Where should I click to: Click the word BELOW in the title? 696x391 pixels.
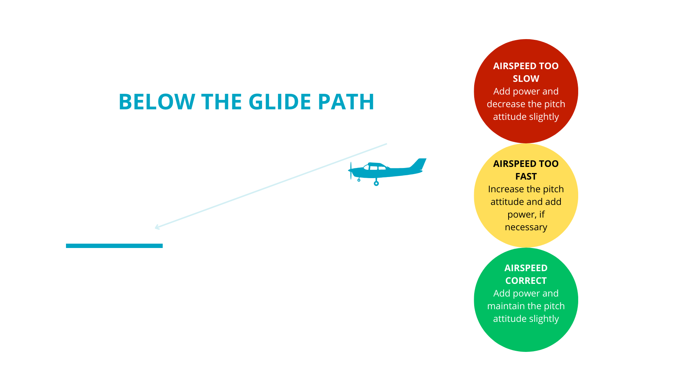[157, 102]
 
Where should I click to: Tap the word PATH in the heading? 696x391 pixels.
[346, 102]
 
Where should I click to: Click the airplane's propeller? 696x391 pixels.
[351, 171]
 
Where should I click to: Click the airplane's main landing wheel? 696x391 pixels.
[376, 184]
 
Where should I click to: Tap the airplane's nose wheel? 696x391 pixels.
[359, 180]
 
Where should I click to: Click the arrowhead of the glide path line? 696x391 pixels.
[157, 227]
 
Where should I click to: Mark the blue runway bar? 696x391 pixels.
[114, 246]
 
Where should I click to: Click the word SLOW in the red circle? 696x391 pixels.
[526, 79]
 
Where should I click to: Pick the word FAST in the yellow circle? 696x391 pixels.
[526, 176]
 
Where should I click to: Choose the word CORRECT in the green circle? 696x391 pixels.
[526, 281]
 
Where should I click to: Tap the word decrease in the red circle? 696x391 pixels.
[504, 104]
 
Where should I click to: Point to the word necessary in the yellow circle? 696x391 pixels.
[526, 227]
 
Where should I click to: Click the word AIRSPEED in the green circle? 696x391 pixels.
[526, 268]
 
